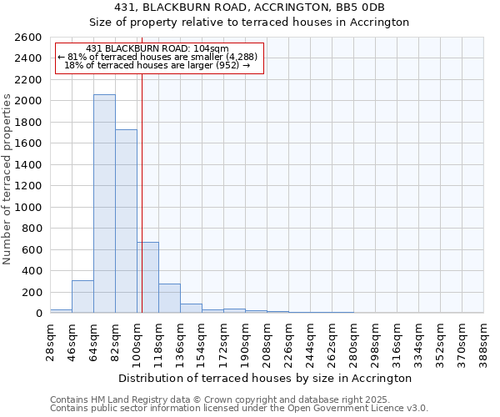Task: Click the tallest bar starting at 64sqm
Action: [x=104, y=204]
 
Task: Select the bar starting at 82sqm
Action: [x=126, y=221]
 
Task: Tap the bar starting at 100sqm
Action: [x=148, y=277]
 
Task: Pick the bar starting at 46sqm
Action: [x=82, y=297]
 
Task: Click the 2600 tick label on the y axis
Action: [x=28, y=38]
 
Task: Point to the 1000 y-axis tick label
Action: [x=28, y=208]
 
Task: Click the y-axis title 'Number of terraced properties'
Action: [x=7, y=179]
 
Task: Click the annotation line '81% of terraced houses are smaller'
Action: [x=157, y=57]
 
